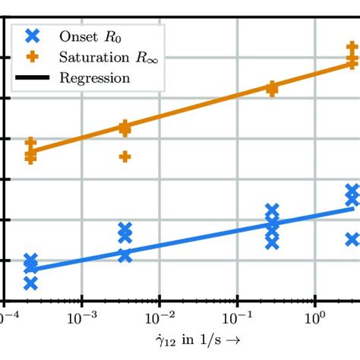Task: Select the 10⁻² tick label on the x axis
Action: (x=159, y=314)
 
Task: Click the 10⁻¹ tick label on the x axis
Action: (x=237, y=314)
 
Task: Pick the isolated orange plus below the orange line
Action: (x=125, y=156)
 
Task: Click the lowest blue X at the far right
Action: (x=352, y=239)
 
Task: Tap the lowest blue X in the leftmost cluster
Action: (x=30, y=283)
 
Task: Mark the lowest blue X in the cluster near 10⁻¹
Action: (x=272, y=243)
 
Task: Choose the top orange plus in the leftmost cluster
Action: (x=30, y=142)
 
